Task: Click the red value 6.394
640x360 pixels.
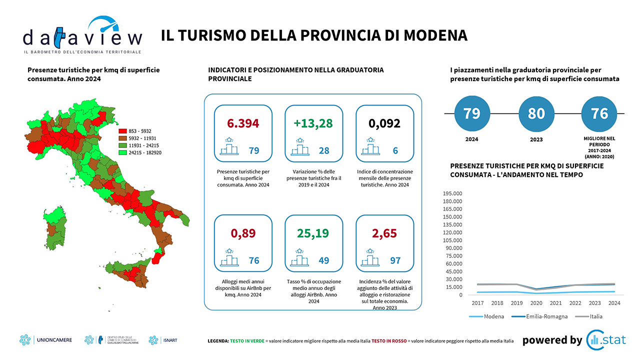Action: coord(243,123)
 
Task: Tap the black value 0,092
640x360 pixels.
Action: coord(384,123)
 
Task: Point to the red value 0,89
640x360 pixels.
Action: coord(243,233)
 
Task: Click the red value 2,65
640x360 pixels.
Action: coord(384,233)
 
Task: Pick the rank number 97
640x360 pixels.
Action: coord(395,260)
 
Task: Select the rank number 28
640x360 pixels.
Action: coord(324,150)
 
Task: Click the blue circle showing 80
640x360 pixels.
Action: coord(536,113)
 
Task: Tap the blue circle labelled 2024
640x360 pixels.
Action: coord(472,113)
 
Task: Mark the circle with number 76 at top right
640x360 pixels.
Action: coord(599,113)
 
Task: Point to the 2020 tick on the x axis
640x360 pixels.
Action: coord(535,303)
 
